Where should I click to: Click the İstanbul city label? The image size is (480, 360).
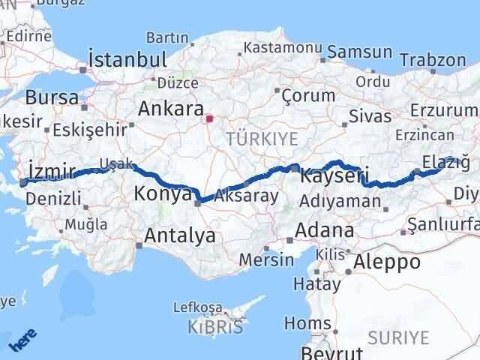(127, 59)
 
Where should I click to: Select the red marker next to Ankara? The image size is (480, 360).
(210, 118)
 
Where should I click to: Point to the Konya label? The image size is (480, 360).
(162, 195)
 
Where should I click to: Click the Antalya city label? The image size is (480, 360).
(179, 236)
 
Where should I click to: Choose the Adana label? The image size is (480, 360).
(325, 229)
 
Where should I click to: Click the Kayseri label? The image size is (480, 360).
(334, 177)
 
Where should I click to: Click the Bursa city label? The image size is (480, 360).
(52, 97)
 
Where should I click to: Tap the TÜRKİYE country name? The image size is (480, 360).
(262, 139)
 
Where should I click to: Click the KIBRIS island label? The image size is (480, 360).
(217, 328)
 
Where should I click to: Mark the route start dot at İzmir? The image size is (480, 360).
(23, 182)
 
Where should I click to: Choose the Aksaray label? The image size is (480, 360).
(246, 196)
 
